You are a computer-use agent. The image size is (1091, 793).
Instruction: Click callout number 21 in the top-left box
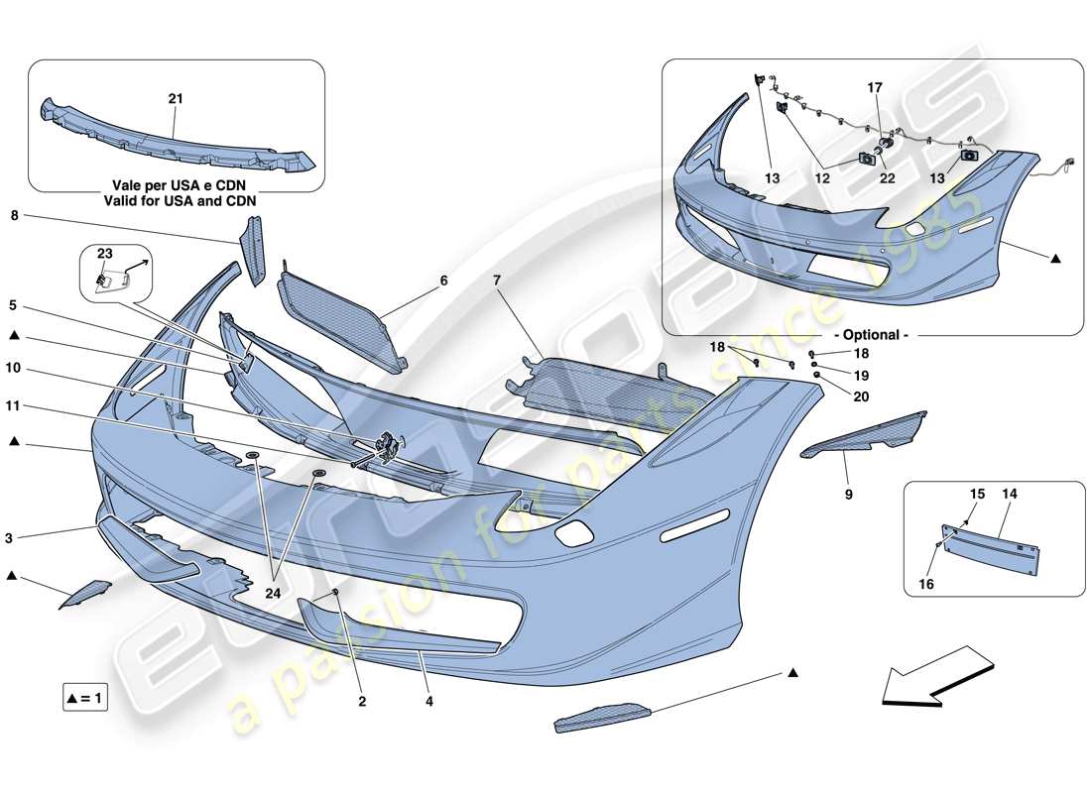click(x=176, y=99)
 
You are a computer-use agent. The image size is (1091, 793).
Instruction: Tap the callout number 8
click(x=15, y=214)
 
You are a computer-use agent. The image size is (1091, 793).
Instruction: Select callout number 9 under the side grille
click(x=848, y=493)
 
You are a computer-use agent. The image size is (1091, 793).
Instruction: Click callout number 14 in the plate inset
click(x=1010, y=493)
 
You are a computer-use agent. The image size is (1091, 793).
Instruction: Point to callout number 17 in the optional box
click(x=875, y=87)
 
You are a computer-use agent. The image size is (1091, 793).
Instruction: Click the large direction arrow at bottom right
click(x=926, y=676)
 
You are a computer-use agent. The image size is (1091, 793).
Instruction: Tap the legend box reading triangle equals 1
click(x=85, y=698)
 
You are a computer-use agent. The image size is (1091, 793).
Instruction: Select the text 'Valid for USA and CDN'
click(x=176, y=201)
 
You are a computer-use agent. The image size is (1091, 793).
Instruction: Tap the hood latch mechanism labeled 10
click(x=385, y=446)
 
